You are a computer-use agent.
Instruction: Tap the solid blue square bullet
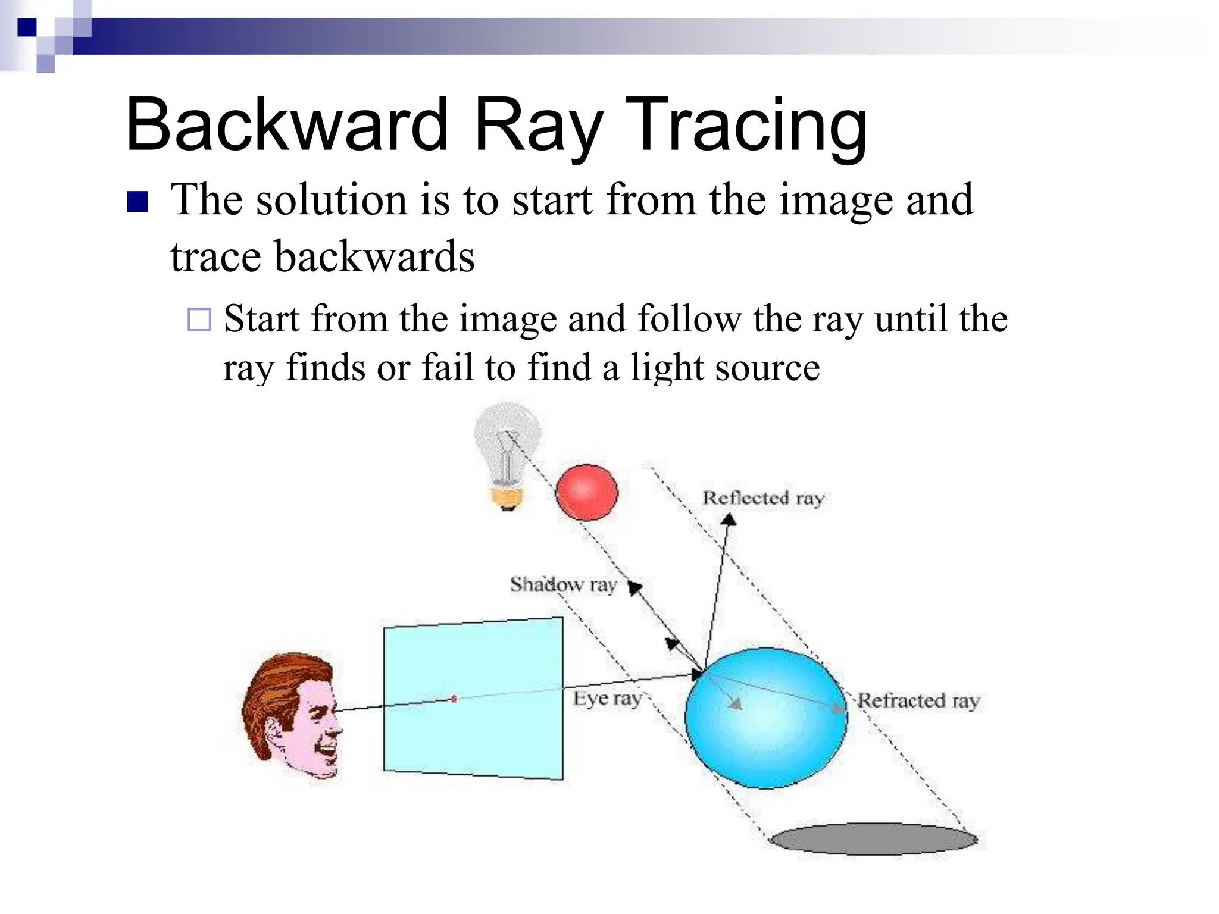point(137,202)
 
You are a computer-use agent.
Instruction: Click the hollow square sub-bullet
point(199,320)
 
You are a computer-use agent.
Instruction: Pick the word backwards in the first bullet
point(374,256)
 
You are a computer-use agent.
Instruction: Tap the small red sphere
point(586,493)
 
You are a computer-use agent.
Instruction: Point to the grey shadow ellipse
point(873,839)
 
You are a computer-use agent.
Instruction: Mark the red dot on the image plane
point(454,699)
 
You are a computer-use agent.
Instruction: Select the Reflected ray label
point(763,498)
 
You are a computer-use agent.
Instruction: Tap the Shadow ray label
point(563,585)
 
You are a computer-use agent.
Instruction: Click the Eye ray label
point(607,699)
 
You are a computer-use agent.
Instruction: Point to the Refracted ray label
point(918,701)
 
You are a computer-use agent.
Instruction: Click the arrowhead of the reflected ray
point(729,521)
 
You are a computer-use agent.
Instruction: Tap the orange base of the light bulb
point(507,497)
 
